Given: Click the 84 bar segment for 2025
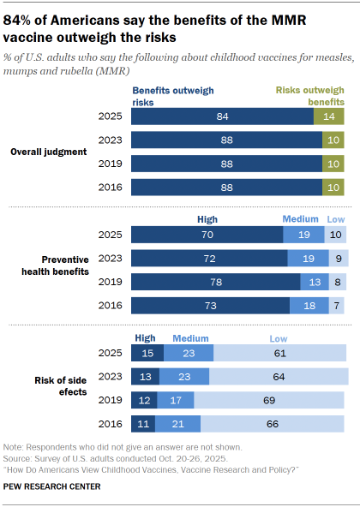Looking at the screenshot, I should click(222, 117).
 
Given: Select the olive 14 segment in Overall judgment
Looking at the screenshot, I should click(328, 117).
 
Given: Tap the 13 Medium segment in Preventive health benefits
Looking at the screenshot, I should click(314, 282).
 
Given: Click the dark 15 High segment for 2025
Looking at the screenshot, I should click(147, 353).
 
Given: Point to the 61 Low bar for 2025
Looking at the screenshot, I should click(280, 353).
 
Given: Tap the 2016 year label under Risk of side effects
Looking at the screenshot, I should click(111, 423).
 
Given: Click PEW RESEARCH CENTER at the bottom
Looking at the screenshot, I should click(52, 486).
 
